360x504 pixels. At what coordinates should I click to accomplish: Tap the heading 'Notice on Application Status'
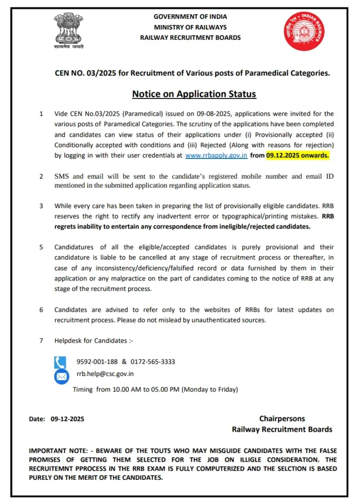click(194, 94)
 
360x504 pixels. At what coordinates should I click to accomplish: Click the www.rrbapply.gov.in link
click(216, 155)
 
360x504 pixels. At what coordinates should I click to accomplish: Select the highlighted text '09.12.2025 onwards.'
click(297, 155)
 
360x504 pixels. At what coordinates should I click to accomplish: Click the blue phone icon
click(60, 363)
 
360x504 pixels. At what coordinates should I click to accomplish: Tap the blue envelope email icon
click(61, 377)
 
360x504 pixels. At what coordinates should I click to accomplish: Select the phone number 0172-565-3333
click(153, 362)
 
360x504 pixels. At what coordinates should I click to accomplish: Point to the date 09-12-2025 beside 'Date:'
click(67, 419)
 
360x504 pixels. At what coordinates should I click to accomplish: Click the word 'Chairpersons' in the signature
click(282, 419)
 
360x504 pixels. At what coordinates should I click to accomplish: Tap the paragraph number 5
click(41, 247)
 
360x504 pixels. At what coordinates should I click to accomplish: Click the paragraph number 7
click(41, 341)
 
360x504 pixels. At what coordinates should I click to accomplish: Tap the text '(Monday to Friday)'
click(210, 389)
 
